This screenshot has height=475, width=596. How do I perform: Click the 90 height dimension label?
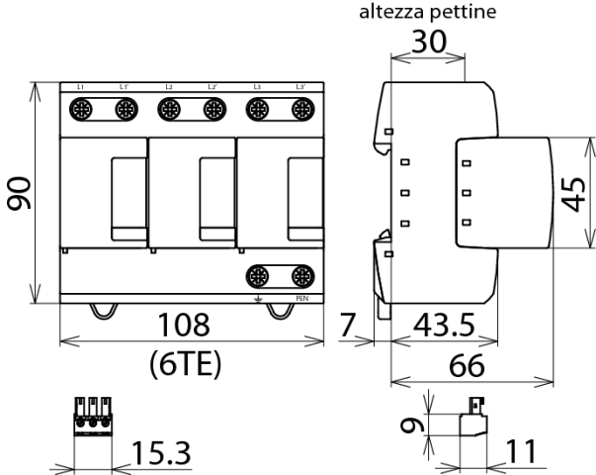tap(19, 193)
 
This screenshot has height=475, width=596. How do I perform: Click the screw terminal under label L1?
tap(81, 111)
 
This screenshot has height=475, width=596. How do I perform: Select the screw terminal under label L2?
tap(170, 111)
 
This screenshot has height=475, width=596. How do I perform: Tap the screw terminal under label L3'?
tap(301, 111)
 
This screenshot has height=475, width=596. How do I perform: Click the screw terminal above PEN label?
tap(301, 276)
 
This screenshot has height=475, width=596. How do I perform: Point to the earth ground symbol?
tap(258, 298)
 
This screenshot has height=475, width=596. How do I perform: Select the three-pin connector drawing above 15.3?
tap(92, 417)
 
